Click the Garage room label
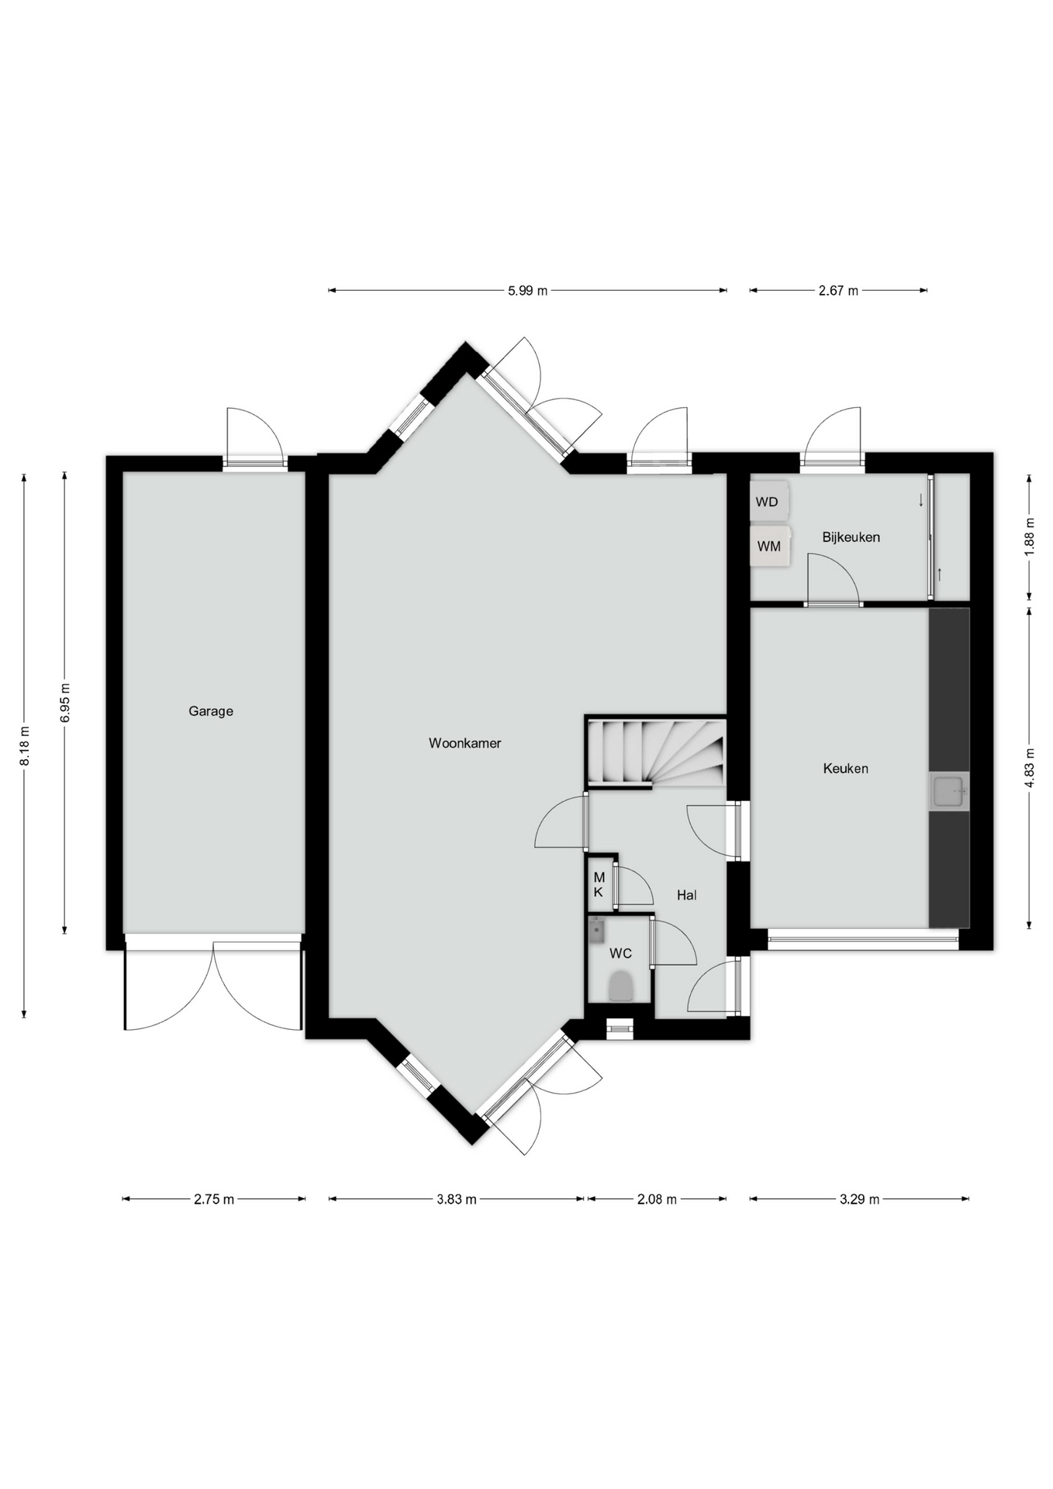click(x=210, y=711)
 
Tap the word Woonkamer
click(x=464, y=743)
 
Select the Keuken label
click(x=845, y=769)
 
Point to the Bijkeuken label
click(x=851, y=537)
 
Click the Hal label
click(x=686, y=895)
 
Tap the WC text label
click(x=620, y=953)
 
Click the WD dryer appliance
click(x=769, y=501)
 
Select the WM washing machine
click(x=770, y=546)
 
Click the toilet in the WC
click(x=621, y=987)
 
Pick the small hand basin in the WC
click(x=596, y=929)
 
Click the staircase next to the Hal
click(x=656, y=752)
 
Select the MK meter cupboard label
click(x=599, y=885)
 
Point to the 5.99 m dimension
click(x=527, y=291)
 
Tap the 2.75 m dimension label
click(x=214, y=1199)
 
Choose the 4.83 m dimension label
click(x=1030, y=768)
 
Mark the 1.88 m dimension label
click(x=1030, y=537)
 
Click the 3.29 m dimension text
click(x=859, y=1199)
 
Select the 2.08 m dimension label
click(x=657, y=1199)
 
